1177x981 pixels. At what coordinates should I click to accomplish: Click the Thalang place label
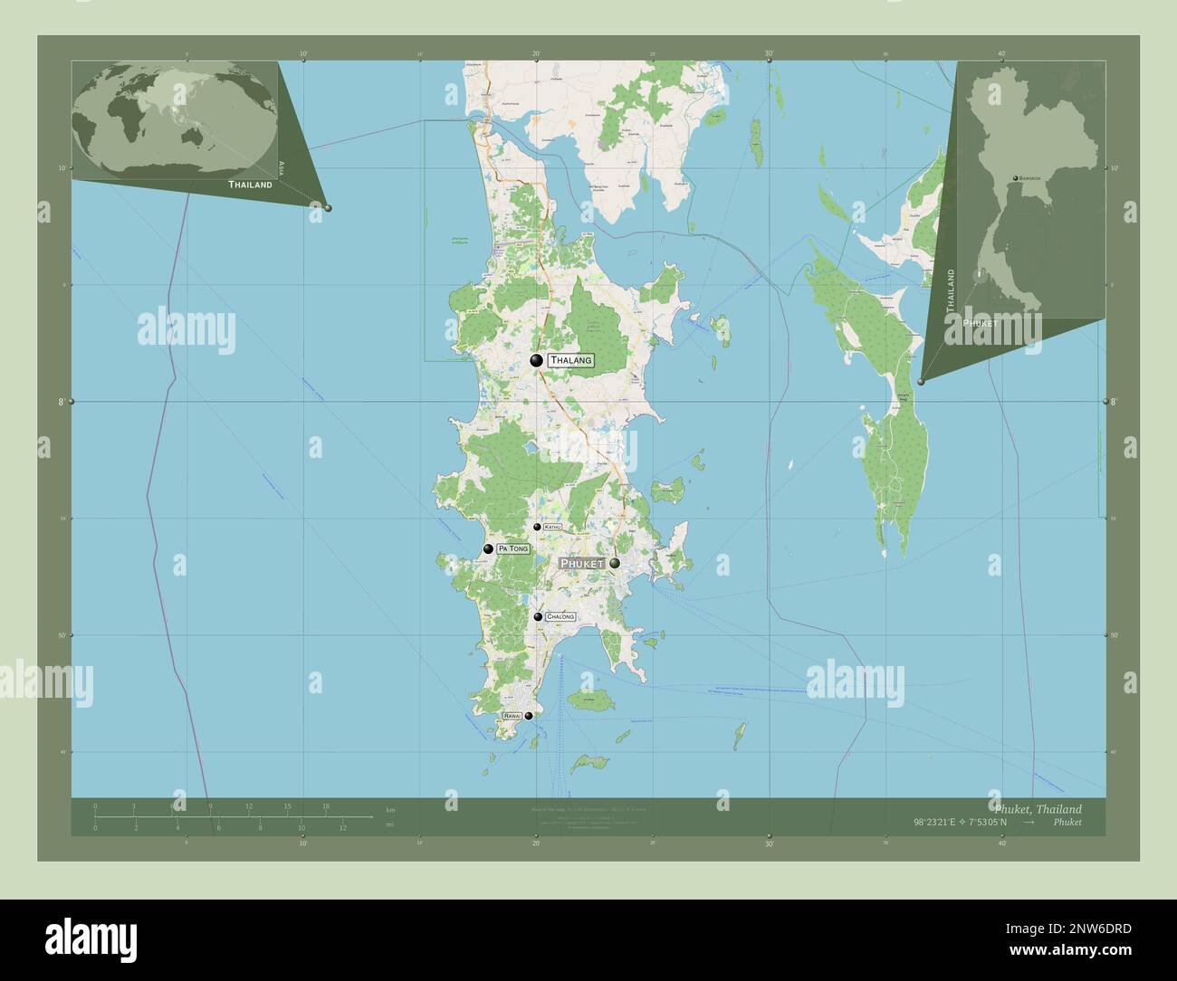[x=570, y=360]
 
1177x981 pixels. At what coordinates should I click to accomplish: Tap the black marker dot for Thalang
[x=537, y=361]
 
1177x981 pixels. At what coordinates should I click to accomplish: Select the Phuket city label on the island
[x=582, y=564]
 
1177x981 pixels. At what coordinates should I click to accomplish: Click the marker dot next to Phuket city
[x=615, y=564]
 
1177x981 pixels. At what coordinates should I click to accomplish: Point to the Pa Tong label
[x=512, y=548]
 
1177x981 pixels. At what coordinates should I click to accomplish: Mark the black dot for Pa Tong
[x=488, y=548]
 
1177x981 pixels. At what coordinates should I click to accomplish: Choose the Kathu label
[x=553, y=527]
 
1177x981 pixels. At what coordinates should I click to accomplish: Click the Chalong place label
[x=560, y=616]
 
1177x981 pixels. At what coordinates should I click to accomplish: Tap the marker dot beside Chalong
[x=538, y=617]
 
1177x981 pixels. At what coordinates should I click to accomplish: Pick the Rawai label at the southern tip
[x=512, y=715]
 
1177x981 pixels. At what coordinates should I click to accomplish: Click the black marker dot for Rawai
[x=529, y=715]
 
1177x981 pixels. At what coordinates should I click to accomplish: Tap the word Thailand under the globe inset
[x=250, y=185]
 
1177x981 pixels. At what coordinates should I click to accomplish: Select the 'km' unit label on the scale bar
[x=390, y=809]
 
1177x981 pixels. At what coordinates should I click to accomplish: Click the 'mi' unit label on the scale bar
[x=390, y=824]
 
